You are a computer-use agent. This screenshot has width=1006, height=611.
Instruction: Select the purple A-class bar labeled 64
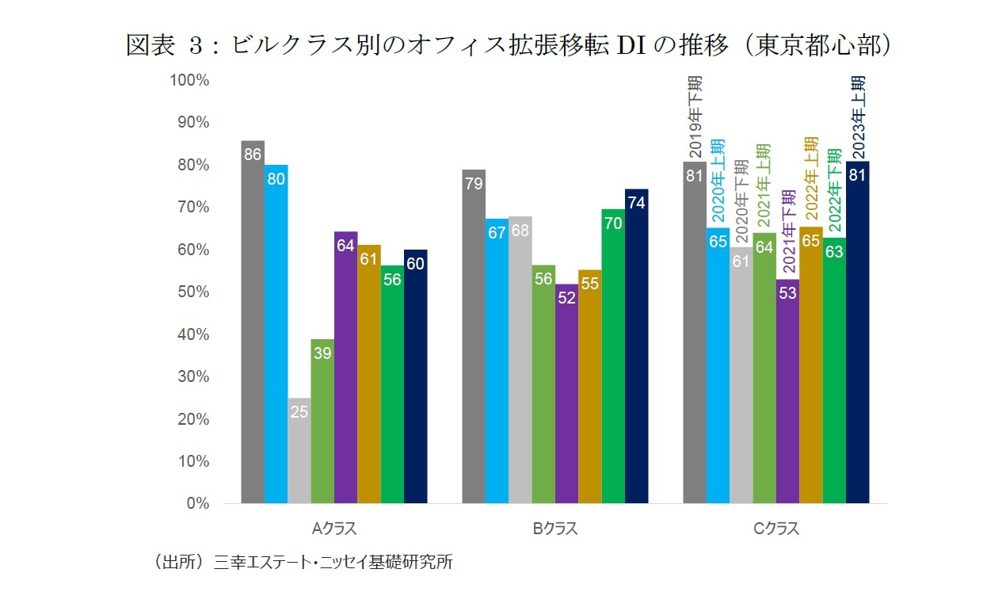click(345, 368)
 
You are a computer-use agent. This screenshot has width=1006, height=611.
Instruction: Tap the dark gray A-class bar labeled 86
click(253, 322)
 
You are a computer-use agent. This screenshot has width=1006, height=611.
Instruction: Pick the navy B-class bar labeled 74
click(636, 346)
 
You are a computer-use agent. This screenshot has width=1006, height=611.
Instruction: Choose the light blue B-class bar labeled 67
click(497, 361)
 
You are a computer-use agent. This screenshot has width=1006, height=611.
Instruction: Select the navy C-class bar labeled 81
click(858, 332)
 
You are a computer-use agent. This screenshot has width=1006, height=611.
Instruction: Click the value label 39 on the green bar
click(322, 353)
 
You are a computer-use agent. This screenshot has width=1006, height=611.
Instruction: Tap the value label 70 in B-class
click(612, 223)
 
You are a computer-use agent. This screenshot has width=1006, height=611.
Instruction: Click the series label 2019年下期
click(695, 117)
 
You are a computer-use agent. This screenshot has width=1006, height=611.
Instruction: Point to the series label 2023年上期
click(858, 117)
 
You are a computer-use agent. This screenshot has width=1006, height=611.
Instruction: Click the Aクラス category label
click(333, 529)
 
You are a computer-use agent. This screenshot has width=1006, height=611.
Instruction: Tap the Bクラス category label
click(554, 529)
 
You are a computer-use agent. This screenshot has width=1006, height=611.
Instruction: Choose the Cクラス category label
click(776, 529)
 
